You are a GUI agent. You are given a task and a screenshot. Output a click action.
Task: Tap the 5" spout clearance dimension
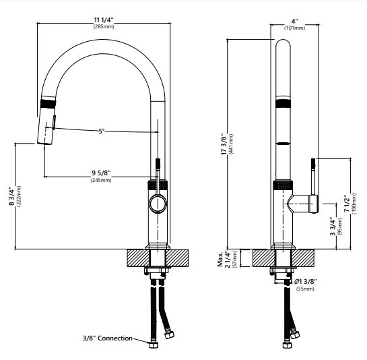(x=102, y=131)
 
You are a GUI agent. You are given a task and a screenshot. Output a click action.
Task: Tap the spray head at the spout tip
(x=44, y=128)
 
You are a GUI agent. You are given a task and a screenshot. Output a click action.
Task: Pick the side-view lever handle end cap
(x=312, y=202)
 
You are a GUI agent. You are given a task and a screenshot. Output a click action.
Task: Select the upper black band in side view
(x=284, y=103)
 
